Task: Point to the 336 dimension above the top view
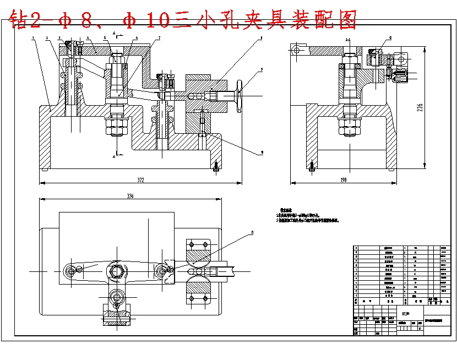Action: tap(130, 196)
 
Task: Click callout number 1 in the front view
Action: tap(34, 38)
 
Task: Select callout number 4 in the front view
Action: tap(88, 38)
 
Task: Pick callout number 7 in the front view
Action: tap(159, 38)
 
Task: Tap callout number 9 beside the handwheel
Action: tap(263, 69)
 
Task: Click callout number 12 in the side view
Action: tap(390, 38)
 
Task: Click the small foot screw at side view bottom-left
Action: tap(312, 165)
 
